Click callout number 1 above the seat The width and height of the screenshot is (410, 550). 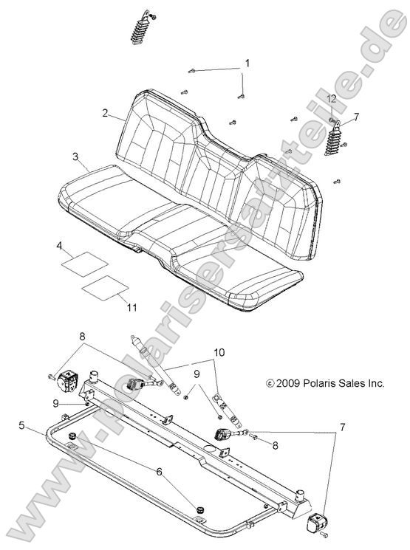coord(248,63)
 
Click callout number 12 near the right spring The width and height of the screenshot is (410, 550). coord(332,98)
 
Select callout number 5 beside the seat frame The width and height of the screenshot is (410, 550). coord(21,425)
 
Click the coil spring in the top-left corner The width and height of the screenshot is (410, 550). coord(140,30)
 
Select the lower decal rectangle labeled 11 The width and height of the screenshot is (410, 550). coord(103,286)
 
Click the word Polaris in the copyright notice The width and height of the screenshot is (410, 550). coord(320,384)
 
